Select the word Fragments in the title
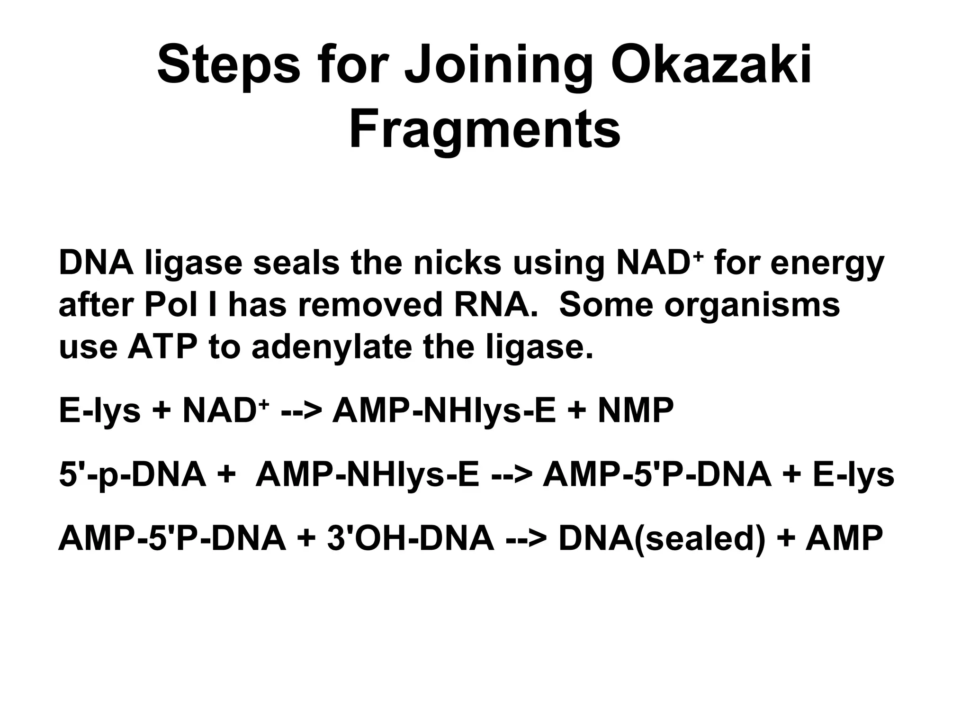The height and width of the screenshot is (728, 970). pos(485,129)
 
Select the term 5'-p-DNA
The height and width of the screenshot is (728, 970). pos(133,475)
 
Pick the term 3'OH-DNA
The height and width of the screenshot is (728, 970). pos(410,538)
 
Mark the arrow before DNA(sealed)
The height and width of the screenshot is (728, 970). pos(526,539)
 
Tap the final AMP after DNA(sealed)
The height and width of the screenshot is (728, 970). pos(844,538)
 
